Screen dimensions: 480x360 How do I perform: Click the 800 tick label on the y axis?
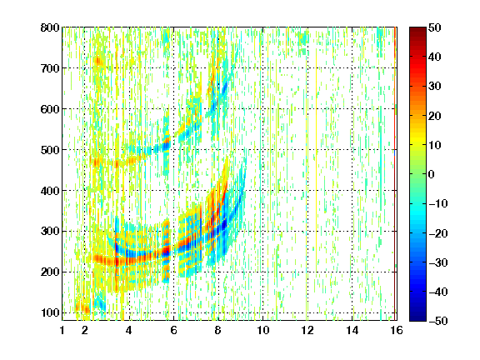50,27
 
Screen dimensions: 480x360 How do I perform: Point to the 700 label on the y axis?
50,68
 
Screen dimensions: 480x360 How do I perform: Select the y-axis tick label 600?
50,109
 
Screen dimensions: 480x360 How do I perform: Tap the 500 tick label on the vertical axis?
50,150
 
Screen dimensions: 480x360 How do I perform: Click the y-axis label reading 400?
50,191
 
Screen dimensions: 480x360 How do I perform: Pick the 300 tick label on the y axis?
50,232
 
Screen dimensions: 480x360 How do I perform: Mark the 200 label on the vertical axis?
50,272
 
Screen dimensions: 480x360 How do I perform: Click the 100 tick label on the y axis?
50,312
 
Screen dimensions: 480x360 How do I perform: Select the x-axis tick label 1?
62,330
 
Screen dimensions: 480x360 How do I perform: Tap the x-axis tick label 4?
129,330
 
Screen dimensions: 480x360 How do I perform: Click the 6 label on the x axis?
173,330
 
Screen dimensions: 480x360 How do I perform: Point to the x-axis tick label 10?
263,330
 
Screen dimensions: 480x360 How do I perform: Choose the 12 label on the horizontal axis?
307,330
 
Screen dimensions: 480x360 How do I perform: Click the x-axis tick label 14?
352,330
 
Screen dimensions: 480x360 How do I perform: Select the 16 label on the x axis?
397,330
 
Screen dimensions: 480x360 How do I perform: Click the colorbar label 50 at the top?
435,27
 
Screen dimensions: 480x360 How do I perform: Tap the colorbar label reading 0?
432,174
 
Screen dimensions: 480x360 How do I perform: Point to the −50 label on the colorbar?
438,321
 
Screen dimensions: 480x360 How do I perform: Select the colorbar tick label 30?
435,87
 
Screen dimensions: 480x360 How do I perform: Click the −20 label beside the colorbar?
438,233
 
